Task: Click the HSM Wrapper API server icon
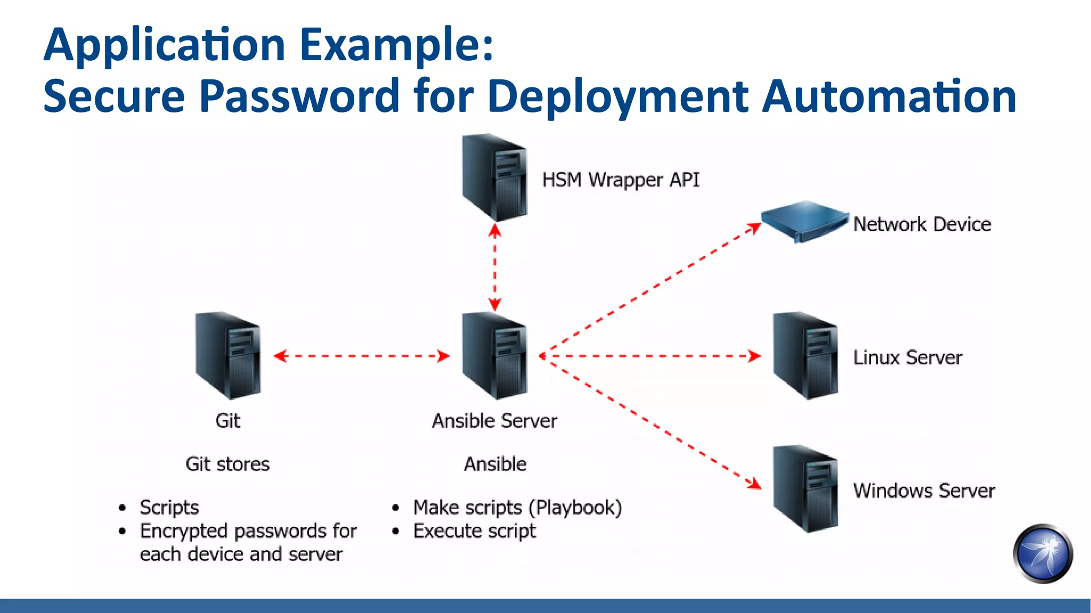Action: click(x=494, y=178)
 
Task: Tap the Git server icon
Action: click(x=228, y=356)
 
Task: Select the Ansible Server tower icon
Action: click(x=494, y=356)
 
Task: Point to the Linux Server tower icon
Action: click(x=805, y=356)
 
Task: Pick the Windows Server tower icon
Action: click(x=805, y=489)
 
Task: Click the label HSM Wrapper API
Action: click(x=621, y=180)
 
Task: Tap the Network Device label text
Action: click(x=922, y=224)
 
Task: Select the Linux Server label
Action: click(x=907, y=358)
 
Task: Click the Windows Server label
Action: click(x=924, y=491)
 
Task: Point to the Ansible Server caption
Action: click(x=494, y=421)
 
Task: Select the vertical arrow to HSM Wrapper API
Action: click(x=495, y=267)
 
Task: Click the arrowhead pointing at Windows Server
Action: click(x=754, y=483)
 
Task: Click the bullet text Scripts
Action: click(x=169, y=508)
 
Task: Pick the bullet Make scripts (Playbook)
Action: click(x=517, y=508)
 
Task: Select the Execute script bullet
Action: click(x=474, y=531)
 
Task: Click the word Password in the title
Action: click(x=299, y=96)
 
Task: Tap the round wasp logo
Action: click(x=1043, y=554)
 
